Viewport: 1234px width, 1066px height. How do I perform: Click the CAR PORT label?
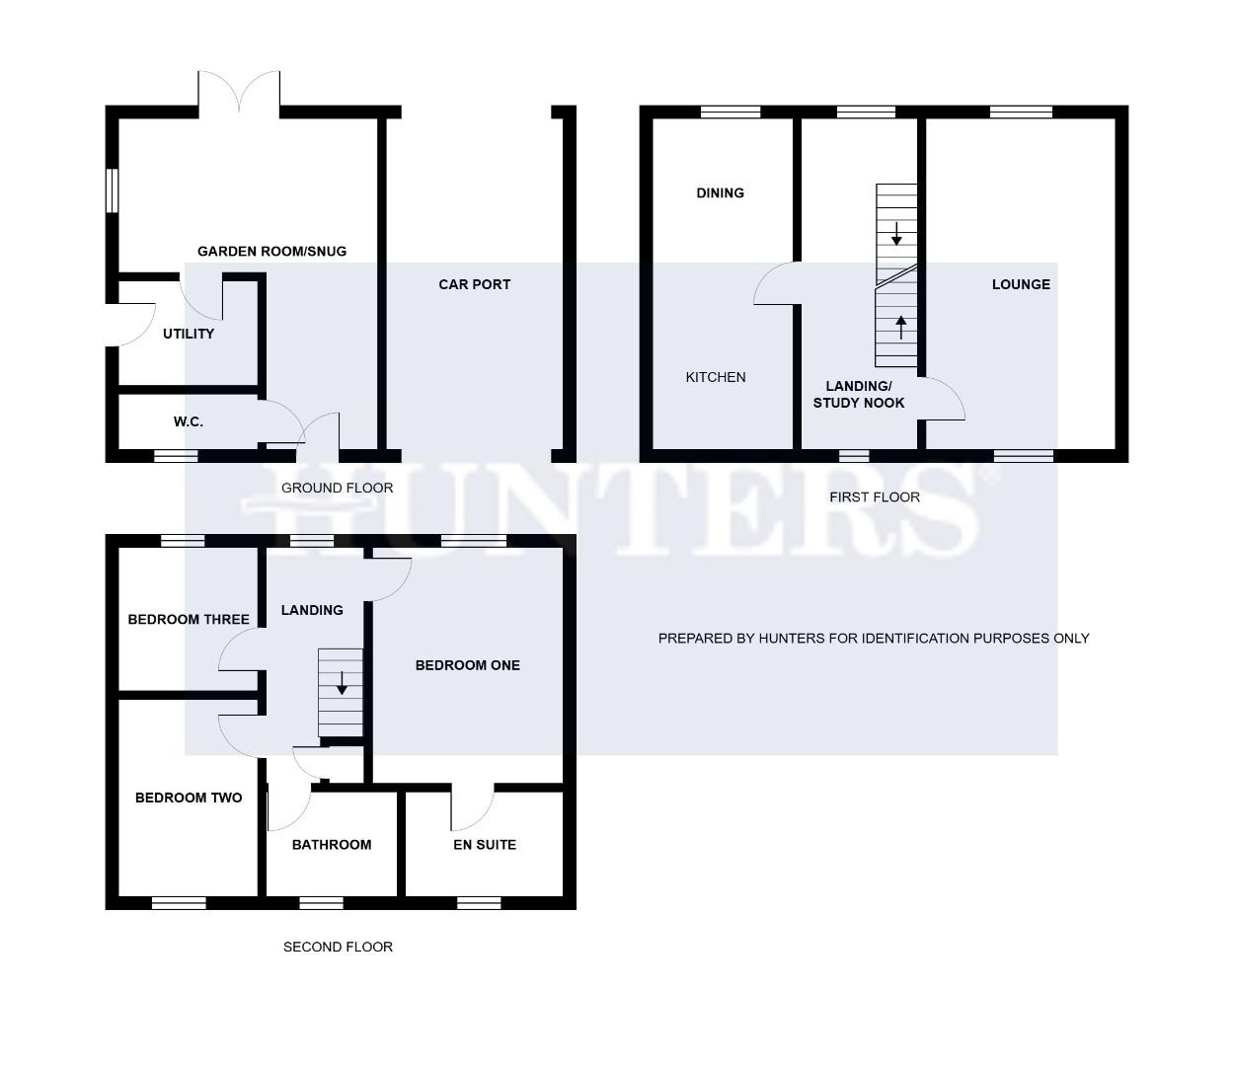tap(474, 284)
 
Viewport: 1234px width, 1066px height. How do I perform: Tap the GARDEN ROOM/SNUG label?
tap(271, 252)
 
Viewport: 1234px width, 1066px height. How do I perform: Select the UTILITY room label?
tap(189, 334)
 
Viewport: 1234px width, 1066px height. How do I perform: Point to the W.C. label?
tap(189, 421)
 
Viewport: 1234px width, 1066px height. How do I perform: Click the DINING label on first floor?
tap(720, 192)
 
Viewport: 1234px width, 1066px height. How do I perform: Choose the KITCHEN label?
tap(716, 377)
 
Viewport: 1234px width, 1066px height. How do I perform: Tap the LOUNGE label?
tap(1021, 284)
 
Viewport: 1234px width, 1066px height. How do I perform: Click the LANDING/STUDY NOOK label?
tap(858, 394)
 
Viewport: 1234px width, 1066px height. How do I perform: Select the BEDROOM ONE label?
tap(467, 665)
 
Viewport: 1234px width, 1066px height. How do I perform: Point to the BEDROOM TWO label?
tap(189, 798)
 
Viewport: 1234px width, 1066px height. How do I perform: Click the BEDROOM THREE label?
tap(189, 620)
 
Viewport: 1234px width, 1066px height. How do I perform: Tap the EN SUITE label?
tap(485, 845)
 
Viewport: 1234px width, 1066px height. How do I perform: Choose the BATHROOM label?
tap(332, 845)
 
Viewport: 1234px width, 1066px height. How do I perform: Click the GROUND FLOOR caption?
tap(337, 488)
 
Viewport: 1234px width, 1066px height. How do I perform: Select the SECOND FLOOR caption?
tap(338, 947)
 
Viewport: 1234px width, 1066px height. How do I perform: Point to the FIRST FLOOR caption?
tap(874, 497)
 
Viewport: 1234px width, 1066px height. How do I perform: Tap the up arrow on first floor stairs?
tap(900, 326)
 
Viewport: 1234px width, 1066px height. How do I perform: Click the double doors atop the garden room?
tap(239, 92)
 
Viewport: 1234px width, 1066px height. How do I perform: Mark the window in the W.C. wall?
tap(176, 456)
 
